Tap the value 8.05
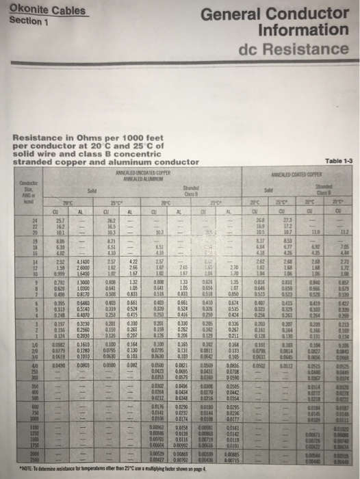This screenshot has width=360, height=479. click(x=60, y=243)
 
